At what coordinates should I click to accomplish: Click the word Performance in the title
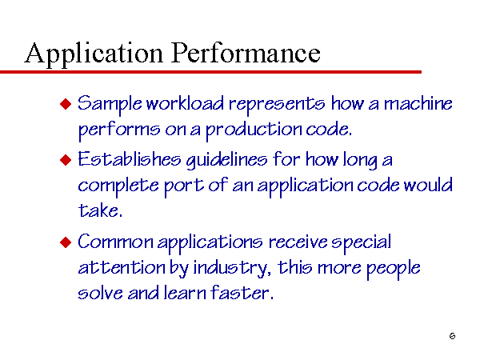pyautogui.click(x=246, y=53)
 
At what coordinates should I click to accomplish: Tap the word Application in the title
pyautogui.click(x=94, y=54)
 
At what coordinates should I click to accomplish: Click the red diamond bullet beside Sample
pyautogui.click(x=66, y=104)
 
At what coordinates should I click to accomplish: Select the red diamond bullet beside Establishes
pyautogui.click(x=66, y=160)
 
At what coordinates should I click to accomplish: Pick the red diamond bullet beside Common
pyautogui.click(x=66, y=242)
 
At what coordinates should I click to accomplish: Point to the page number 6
pyautogui.click(x=453, y=336)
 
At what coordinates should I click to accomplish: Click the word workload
pyautogui.click(x=185, y=103)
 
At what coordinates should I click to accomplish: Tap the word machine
pyautogui.click(x=418, y=103)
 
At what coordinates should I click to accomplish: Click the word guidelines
pyautogui.click(x=227, y=161)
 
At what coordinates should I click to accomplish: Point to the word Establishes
pyautogui.click(x=130, y=159)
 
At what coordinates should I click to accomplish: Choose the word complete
pyautogui.click(x=118, y=186)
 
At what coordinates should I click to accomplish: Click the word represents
pyautogui.click(x=277, y=105)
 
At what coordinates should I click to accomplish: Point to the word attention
pyautogui.click(x=122, y=267)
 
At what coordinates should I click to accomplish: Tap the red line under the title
pyautogui.click(x=210, y=72)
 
